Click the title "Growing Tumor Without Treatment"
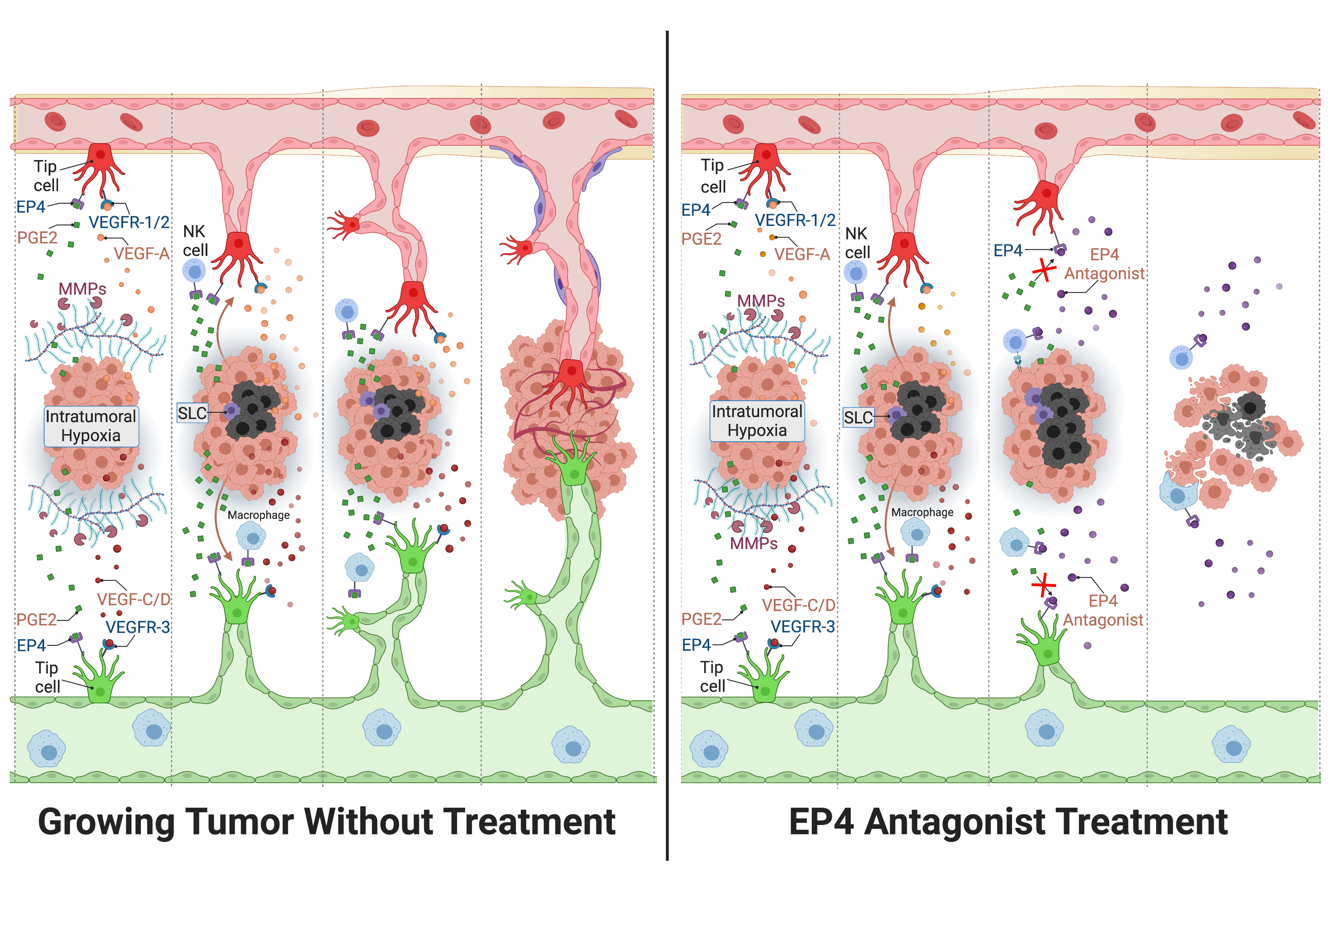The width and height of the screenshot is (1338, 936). (326, 822)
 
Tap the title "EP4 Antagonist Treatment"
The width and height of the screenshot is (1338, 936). (1008, 822)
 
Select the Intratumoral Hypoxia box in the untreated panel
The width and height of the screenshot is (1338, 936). (91, 426)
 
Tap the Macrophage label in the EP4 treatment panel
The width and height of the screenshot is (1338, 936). (922, 512)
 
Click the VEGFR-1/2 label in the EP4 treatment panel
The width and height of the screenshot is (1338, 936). (795, 220)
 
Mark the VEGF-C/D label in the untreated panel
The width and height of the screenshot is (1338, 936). (133, 599)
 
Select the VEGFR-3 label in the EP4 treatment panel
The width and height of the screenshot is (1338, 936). (802, 627)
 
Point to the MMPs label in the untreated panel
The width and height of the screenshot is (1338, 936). (82, 288)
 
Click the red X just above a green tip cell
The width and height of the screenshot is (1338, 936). (1043, 585)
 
